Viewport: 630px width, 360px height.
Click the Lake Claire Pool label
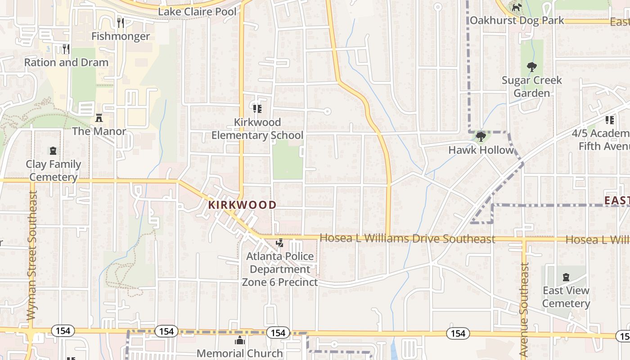coord(197,12)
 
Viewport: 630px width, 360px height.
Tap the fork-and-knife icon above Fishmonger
coord(121,22)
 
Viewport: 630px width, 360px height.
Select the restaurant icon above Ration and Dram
coord(66,48)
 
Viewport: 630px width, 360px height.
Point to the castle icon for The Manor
coord(99,118)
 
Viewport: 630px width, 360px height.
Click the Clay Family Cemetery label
coord(54,171)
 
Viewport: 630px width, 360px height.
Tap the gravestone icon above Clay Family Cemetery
coord(53,150)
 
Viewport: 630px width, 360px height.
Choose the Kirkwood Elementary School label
coord(257,129)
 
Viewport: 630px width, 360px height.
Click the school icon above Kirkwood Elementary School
coord(257,108)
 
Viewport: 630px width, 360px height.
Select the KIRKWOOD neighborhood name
coord(242,205)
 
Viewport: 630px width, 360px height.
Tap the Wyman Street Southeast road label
coord(31,255)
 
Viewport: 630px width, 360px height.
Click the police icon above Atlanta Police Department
coord(280,243)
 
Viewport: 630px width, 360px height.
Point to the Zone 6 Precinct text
coord(280,282)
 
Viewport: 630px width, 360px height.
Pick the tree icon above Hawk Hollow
coord(481,136)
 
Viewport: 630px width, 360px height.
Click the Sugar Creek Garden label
coord(532,86)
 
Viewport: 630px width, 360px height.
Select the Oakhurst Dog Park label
coord(517,20)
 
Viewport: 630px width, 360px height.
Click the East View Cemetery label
coord(566,297)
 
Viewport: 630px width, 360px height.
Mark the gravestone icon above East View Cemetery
coord(566,277)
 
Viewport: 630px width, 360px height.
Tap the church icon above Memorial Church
coord(240,340)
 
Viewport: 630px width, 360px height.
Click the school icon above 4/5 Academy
coord(610,120)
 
